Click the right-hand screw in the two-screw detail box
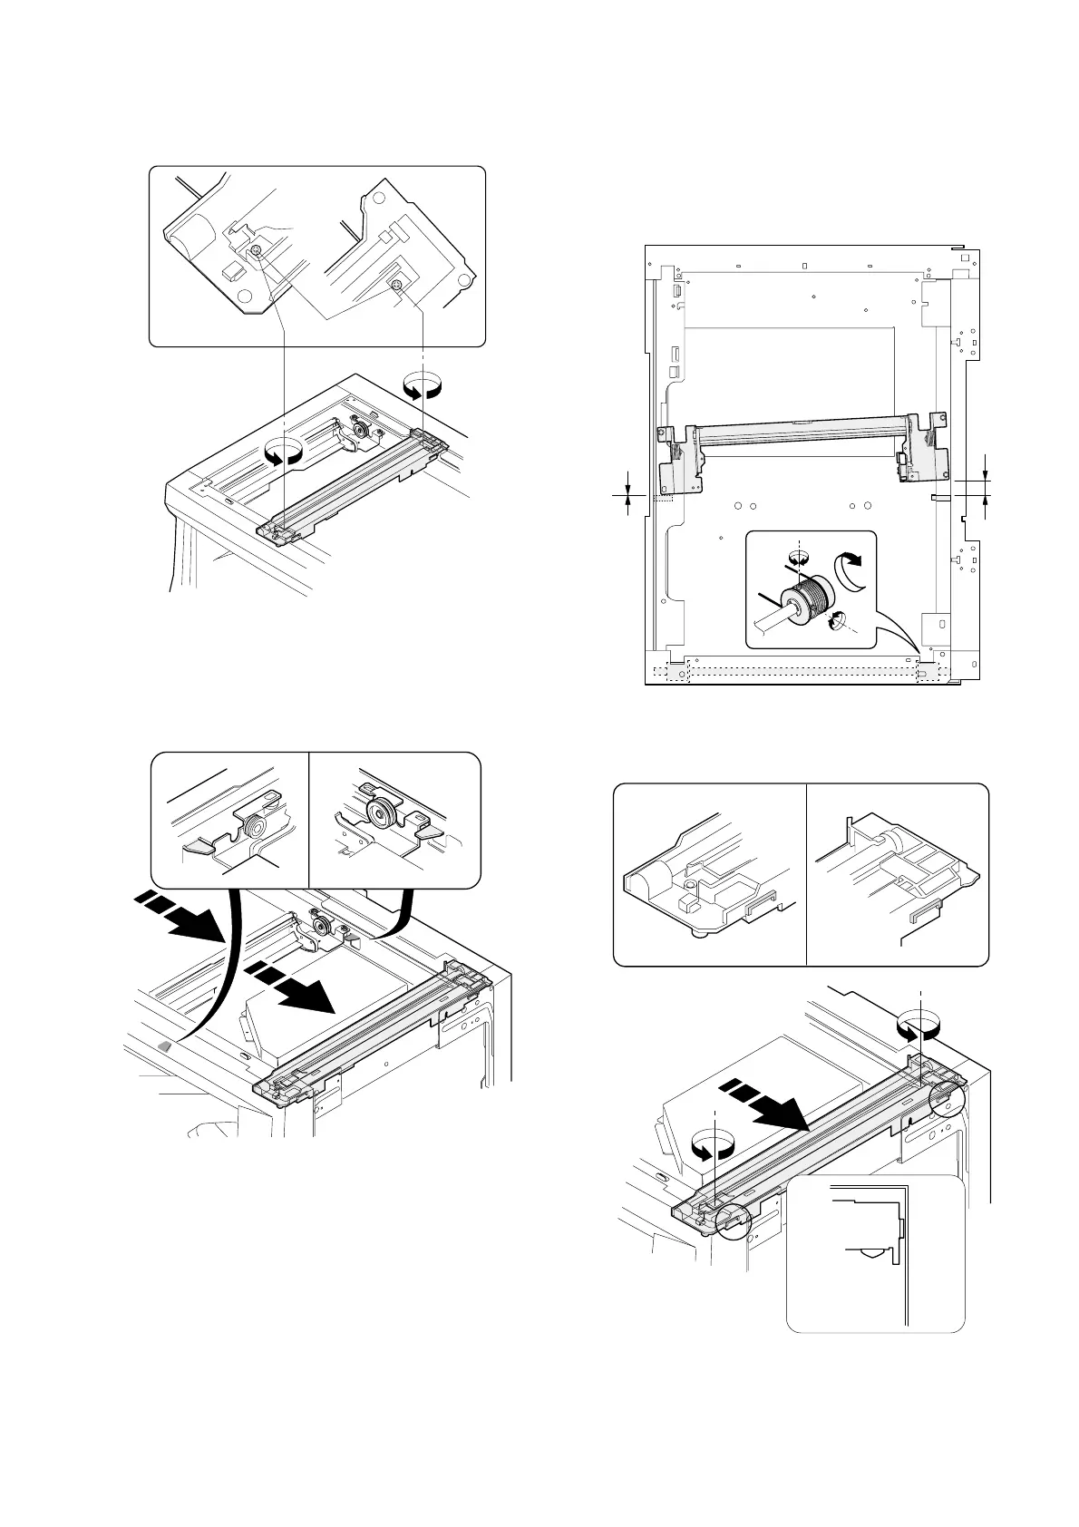(x=396, y=286)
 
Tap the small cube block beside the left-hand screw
(x=231, y=269)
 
